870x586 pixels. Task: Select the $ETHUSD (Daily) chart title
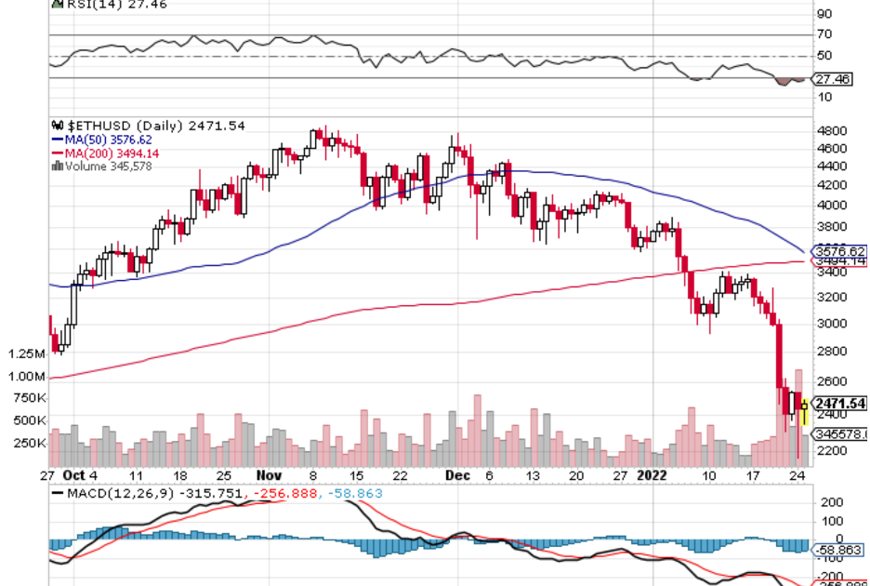(x=149, y=126)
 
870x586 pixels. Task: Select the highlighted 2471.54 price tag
(x=839, y=404)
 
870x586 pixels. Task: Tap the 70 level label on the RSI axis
(x=824, y=34)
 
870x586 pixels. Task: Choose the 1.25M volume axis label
(x=26, y=354)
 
